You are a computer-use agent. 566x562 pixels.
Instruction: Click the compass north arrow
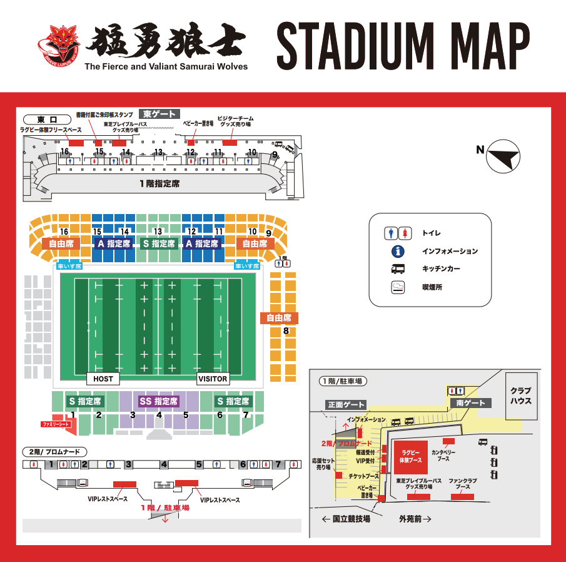tap(504, 157)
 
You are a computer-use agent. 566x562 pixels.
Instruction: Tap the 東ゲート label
tap(159, 114)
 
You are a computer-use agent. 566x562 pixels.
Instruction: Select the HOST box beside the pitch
tap(103, 379)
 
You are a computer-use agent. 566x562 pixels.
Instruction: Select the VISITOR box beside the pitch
tap(213, 379)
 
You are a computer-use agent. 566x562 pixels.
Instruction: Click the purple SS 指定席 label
tap(159, 401)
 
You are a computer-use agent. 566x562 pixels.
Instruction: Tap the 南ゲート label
tap(471, 403)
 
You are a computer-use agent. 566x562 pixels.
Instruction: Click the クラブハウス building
tap(520, 395)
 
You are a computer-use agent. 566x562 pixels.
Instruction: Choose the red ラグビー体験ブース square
tap(410, 456)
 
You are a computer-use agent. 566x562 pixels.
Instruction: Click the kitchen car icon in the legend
tap(398, 270)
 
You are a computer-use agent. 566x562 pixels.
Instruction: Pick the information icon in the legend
tap(398, 252)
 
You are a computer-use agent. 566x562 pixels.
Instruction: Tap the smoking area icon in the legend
tap(398, 288)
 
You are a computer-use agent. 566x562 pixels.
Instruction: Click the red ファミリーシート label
tap(56, 424)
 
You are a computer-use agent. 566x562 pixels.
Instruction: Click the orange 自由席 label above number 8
tap(280, 318)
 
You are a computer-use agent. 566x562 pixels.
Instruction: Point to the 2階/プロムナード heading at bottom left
tap(54, 451)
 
